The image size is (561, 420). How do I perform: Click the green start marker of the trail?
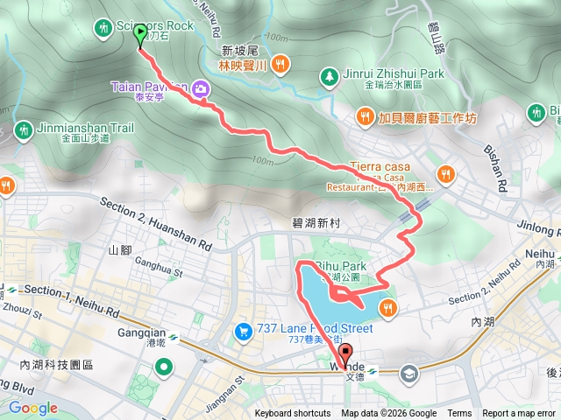point(141,36)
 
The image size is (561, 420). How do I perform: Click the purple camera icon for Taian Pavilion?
point(202,88)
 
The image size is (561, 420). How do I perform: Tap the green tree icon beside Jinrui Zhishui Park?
point(329,76)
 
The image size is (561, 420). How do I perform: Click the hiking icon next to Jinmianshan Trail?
point(23,131)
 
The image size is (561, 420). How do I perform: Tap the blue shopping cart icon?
point(241,331)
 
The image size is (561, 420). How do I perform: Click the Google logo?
point(33,408)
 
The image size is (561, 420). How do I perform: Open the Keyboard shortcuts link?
point(293,414)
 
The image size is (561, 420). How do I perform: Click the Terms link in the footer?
point(459,414)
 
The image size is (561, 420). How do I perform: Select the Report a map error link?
point(520,414)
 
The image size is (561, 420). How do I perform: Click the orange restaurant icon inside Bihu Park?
point(387,306)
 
